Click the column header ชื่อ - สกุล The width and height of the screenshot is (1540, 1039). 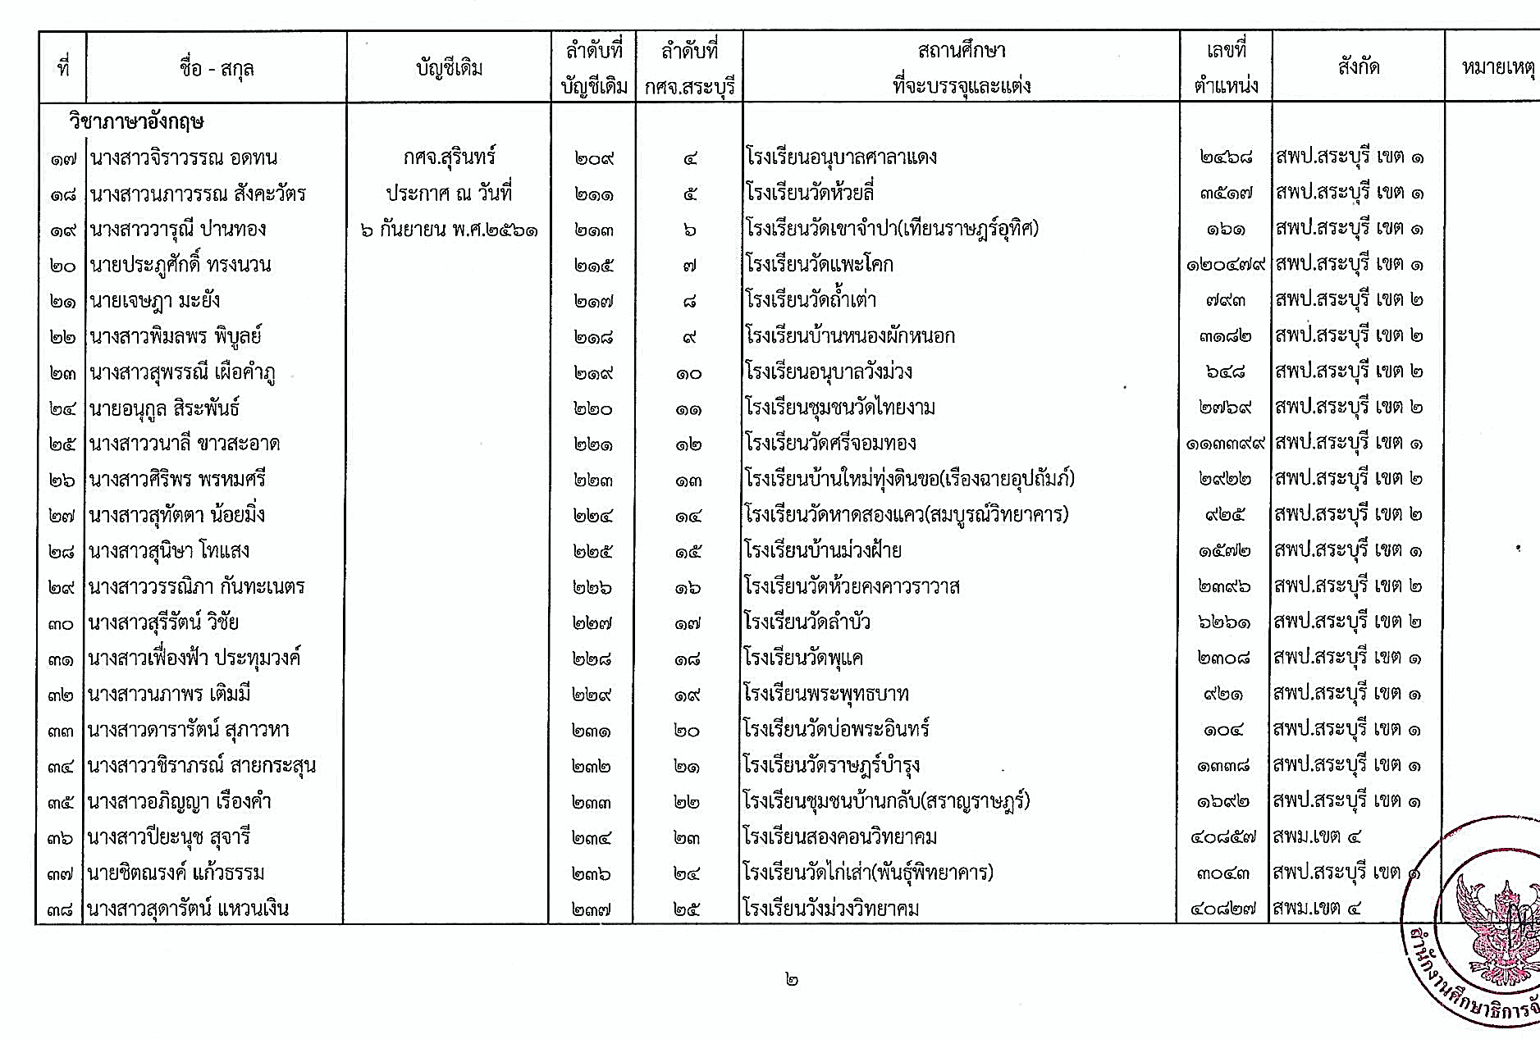pos(216,67)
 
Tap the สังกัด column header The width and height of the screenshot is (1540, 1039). pos(1358,67)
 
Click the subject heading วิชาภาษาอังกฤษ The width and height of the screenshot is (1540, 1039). pos(136,122)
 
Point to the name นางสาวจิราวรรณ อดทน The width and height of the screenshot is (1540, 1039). pos(184,157)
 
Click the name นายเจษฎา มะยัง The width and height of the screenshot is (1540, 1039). pos(155,300)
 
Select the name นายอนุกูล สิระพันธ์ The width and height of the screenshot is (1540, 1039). pos(164,408)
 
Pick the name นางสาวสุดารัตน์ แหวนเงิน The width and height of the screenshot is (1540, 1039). pos(188,909)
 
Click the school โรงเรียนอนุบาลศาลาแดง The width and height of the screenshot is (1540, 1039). pos(841,157)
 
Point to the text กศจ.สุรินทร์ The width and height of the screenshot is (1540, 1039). pos(449,157)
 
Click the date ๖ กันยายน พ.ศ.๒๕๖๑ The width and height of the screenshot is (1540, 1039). pos(449,229)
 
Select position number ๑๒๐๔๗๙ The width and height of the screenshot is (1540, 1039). pos(1226,265)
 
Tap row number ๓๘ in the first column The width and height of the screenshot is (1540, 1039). pos(61,909)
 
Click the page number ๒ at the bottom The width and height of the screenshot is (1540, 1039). pos(791,979)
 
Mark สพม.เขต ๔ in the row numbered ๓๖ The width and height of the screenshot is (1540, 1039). pos(1317,837)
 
